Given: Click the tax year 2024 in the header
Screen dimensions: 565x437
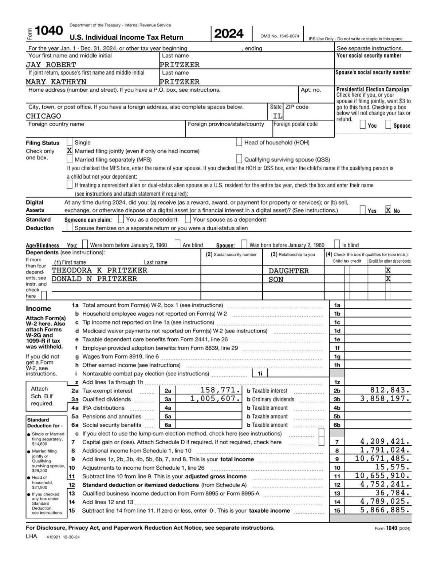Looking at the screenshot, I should [229, 34].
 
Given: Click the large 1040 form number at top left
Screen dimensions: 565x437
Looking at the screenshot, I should [49, 31].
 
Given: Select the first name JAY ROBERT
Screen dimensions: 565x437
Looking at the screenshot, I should [51, 65].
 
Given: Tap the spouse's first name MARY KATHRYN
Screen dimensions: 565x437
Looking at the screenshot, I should [56, 82].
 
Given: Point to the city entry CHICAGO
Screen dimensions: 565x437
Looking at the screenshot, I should [43, 116].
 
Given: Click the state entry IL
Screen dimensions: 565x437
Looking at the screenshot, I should [277, 116].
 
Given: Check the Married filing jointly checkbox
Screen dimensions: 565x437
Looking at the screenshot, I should [70, 151].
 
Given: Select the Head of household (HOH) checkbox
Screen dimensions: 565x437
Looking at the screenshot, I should [239, 142].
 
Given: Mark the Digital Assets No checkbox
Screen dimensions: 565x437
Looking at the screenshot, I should [389, 210].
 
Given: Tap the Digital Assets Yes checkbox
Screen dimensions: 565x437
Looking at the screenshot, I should [363, 210].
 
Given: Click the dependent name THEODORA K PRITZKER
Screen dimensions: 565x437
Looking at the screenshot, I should [99, 270].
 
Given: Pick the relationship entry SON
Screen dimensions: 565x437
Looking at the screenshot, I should [276, 279].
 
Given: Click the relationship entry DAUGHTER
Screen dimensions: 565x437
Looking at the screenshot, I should [289, 271].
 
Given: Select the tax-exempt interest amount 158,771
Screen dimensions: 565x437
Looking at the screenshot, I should [221, 390].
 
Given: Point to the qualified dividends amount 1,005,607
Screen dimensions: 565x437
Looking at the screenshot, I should [216, 399].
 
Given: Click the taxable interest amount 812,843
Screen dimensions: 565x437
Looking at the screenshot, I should [390, 390].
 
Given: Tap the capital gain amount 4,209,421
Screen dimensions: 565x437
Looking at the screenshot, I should [385, 442].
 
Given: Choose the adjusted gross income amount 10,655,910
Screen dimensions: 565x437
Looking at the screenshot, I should [382, 476].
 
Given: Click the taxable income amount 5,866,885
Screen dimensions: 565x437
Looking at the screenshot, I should [385, 510].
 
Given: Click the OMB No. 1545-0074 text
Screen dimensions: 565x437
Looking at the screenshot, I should [280, 36].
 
